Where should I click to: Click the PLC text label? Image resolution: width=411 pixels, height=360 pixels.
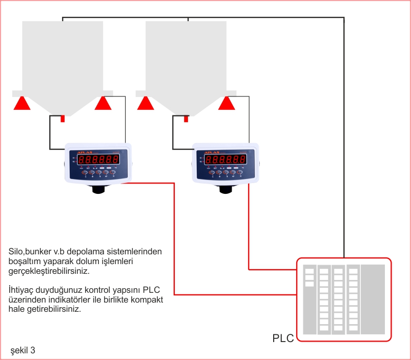click(x=283, y=338)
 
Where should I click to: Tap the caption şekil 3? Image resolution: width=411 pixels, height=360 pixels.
click(x=23, y=351)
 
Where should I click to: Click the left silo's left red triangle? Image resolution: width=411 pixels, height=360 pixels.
click(x=22, y=103)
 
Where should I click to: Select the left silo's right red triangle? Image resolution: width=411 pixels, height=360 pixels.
click(x=103, y=103)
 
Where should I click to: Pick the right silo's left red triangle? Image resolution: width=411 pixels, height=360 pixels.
click(x=146, y=103)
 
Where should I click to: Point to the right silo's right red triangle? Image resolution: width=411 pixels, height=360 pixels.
click(x=227, y=103)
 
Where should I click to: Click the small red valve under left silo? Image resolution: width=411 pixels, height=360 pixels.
click(x=63, y=118)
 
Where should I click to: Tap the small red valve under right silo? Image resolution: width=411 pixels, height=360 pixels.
click(x=186, y=118)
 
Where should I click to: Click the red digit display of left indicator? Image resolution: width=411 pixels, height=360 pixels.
click(x=96, y=159)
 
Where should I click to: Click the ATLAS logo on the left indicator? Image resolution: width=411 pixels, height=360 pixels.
click(x=83, y=152)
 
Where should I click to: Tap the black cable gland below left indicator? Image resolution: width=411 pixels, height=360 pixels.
click(x=97, y=189)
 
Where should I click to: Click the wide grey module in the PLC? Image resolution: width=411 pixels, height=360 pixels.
click(x=373, y=299)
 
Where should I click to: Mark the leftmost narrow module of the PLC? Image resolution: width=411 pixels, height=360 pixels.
click(x=309, y=299)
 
